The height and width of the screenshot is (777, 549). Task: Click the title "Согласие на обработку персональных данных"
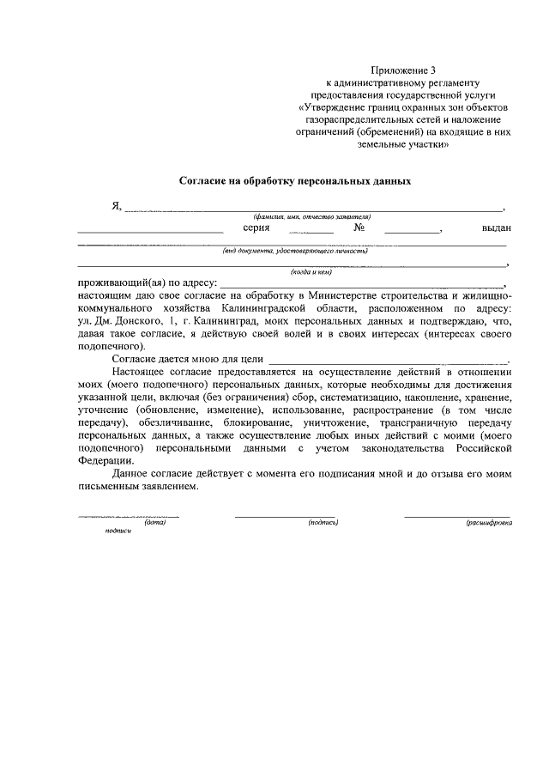click(295, 182)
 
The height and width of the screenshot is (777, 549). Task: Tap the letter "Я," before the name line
click(117, 206)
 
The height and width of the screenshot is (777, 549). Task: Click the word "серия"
click(256, 228)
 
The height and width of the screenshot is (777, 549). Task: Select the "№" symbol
click(359, 228)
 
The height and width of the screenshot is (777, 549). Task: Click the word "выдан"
click(497, 228)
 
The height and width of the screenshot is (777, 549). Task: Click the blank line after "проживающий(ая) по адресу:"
click(361, 284)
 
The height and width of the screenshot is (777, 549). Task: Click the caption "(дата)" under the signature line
click(154, 523)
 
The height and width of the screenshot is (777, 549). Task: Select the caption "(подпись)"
click(323, 523)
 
